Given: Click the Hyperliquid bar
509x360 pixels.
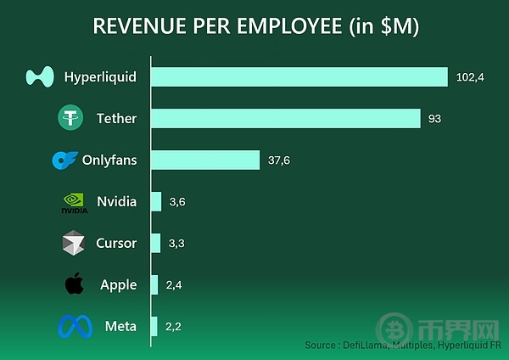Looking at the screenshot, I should click(299, 77).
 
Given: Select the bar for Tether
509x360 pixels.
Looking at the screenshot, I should click(285, 118).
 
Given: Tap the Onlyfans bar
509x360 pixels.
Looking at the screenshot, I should click(204, 160).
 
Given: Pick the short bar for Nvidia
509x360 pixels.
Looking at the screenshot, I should click(156, 201).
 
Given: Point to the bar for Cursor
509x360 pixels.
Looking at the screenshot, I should click(155, 243).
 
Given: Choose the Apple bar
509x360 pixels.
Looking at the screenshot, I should click(154, 285).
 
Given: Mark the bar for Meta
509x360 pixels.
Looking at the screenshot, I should click(154, 327).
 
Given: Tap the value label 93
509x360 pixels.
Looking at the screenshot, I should click(434, 119).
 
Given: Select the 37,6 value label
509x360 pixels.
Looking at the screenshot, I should click(279, 160).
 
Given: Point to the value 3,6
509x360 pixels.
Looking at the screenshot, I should click(176, 202).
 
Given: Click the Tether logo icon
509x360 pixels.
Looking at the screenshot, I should click(70, 118).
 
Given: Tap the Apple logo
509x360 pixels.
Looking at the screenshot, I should click(75, 284).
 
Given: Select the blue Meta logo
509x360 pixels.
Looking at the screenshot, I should click(74, 327).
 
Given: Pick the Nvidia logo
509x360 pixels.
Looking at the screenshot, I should click(74, 202).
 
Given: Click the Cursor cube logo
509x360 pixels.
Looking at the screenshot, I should click(74, 244).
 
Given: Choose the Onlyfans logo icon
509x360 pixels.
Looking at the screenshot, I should click(64, 160).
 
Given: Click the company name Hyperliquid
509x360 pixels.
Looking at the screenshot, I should click(100, 77).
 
